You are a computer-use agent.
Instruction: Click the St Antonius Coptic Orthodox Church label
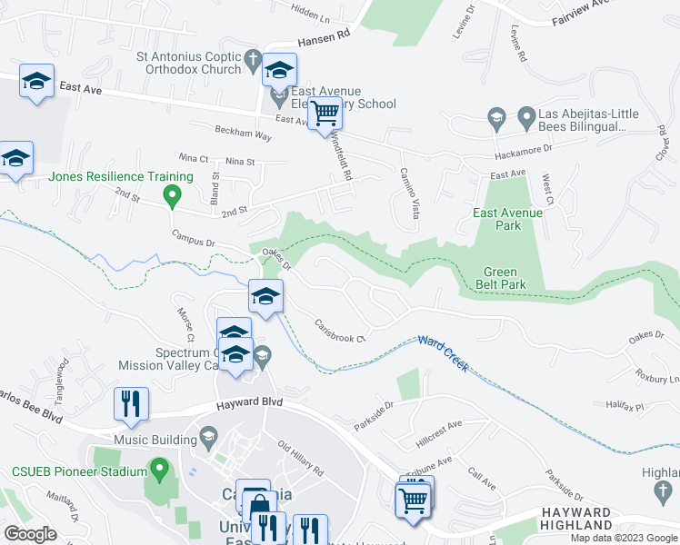(187, 63)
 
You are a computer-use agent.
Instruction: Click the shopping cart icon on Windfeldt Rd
(325, 114)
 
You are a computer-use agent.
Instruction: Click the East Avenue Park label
(507, 220)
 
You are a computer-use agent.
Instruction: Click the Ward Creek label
(443, 352)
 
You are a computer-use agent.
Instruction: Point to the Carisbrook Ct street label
(339, 331)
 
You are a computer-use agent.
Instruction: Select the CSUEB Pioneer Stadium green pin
(161, 471)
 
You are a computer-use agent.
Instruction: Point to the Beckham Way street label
(243, 133)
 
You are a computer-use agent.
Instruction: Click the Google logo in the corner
(30, 534)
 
